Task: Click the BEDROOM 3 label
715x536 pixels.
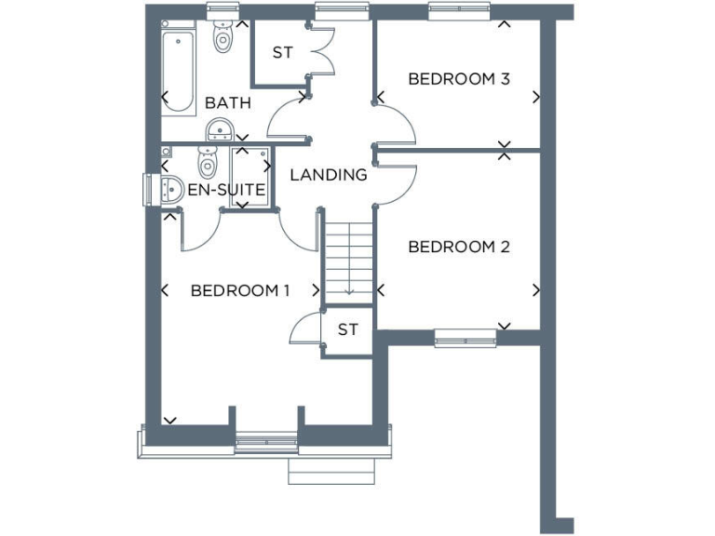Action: point(458,79)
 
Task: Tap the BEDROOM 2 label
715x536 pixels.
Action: point(458,248)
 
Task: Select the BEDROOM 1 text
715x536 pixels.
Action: point(240,291)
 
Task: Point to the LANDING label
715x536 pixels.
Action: point(328,175)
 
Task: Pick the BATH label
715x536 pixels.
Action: point(228,103)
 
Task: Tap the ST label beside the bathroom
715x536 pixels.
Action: point(283,53)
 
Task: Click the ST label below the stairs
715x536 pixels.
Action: point(348,329)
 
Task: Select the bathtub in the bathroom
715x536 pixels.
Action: point(178,70)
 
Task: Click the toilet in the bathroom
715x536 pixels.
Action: point(223,37)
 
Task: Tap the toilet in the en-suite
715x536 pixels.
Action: point(208,165)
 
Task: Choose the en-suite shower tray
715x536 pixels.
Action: point(250,176)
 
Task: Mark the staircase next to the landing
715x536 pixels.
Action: point(348,255)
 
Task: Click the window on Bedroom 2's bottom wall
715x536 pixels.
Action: point(465,337)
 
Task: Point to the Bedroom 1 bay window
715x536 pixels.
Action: point(265,444)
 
